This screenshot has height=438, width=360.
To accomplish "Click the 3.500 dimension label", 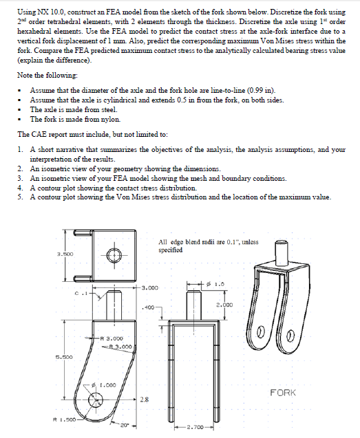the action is coord(65,254).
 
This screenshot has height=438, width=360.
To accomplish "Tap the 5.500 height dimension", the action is coord(64,357).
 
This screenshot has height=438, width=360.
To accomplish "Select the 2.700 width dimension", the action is coord(194,427).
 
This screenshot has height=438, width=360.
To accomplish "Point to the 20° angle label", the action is coord(124,426).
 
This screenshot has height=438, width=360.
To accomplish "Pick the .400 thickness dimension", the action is coord(148,307).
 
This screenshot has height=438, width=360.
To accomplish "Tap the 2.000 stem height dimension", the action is coord(224,305).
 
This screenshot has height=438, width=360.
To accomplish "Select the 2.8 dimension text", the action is coord(144,399).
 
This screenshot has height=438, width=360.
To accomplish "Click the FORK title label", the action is coord(283,393).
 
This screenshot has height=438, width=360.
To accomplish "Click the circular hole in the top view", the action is coord(114,255).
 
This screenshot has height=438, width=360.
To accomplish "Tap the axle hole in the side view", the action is coord(96,399).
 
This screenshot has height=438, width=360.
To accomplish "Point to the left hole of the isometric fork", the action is coord(260,331).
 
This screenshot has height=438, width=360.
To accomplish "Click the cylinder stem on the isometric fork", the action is coord(282,252).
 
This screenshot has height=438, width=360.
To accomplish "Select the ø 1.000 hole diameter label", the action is coord(104,385).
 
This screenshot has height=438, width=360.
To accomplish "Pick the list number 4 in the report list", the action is coord(19,188).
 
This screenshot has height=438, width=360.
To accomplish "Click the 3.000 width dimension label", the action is coord(150,287).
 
